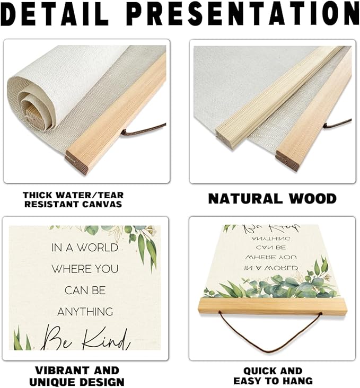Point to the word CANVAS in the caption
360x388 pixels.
tap(104, 204)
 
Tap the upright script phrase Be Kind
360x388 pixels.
tap(85, 336)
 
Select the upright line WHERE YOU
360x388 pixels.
tap(85, 269)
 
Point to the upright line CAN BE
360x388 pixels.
tap(85, 290)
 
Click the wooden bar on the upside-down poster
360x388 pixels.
tap(272, 306)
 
